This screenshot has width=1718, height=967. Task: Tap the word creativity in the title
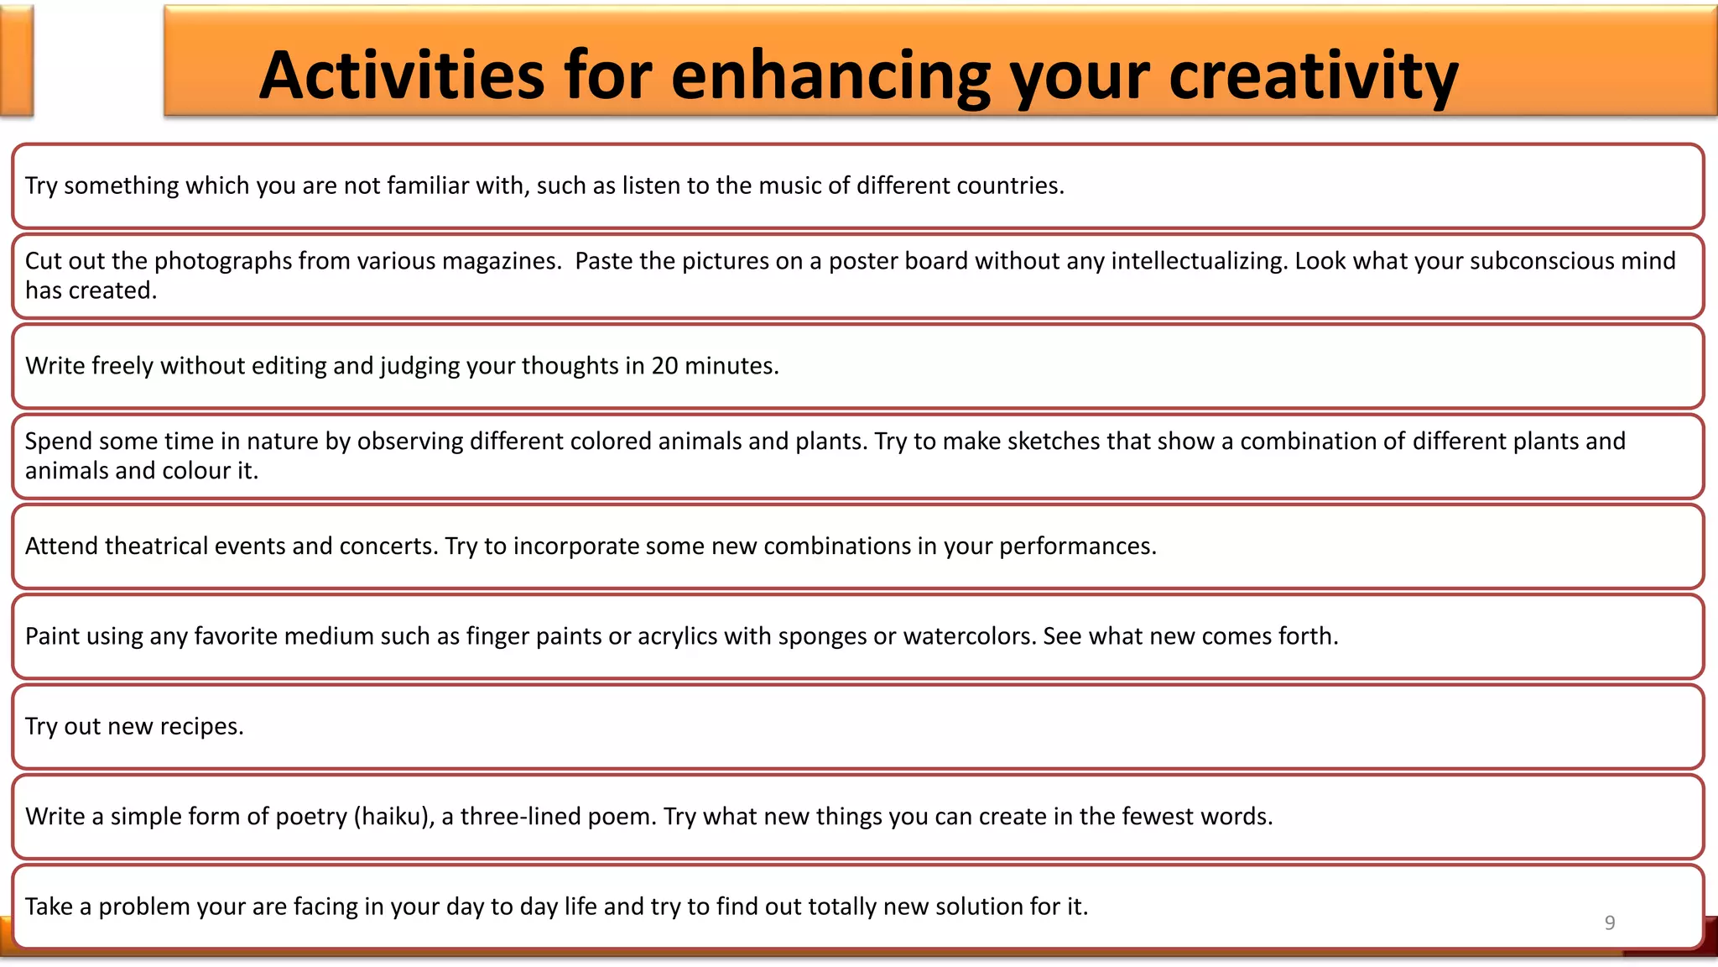click(1313, 76)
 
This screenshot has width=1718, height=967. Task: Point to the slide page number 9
click(1609, 923)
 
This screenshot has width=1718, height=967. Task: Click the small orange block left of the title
click(16, 60)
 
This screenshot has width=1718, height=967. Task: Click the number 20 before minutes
click(664, 366)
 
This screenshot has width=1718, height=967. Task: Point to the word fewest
click(1158, 817)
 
